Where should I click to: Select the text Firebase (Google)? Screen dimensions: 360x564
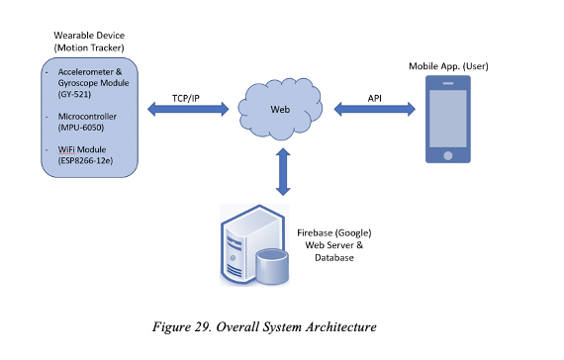coord(334,232)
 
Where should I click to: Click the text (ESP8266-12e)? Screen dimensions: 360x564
coord(85,160)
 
